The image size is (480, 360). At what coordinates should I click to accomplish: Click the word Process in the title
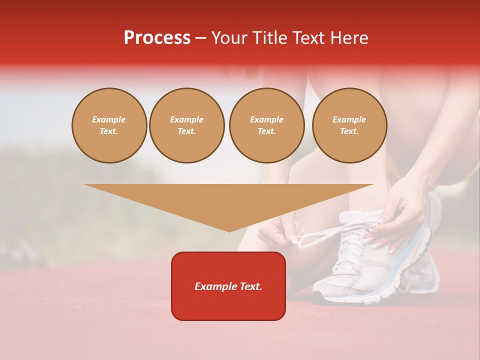point(157,38)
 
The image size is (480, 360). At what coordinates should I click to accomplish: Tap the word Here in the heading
point(348,38)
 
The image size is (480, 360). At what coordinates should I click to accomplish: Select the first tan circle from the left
point(109,125)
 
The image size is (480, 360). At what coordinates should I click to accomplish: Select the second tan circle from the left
point(187,125)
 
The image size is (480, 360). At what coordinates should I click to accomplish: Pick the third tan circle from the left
point(267,125)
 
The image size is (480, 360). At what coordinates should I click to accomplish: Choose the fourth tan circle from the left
point(349,125)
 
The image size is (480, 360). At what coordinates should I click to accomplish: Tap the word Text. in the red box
point(249,286)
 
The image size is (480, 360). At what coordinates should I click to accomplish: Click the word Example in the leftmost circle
point(109,120)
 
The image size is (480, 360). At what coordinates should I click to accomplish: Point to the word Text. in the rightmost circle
point(349,131)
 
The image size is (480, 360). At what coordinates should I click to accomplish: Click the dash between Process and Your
point(201,38)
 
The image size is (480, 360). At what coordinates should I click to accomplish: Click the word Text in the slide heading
point(308,38)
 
